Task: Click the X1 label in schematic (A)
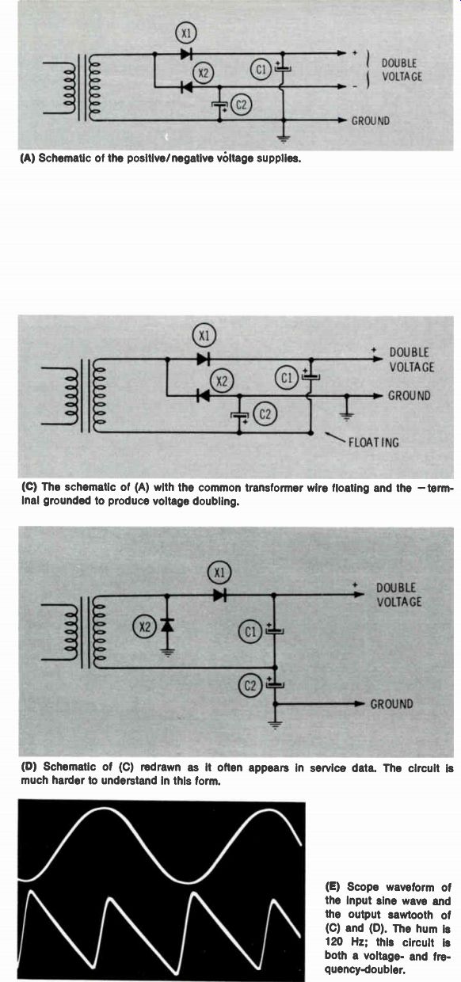click(186, 34)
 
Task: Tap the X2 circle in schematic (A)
click(203, 74)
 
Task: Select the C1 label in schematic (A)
click(261, 70)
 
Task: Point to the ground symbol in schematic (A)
click(284, 138)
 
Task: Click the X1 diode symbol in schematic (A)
click(187, 54)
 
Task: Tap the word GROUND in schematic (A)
click(370, 120)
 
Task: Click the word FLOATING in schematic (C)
click(374, 443)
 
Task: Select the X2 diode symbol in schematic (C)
click(203, 396)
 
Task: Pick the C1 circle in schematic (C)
click(287, 378)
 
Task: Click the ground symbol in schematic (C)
click(347, 415)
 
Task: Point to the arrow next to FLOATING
click(335, 437)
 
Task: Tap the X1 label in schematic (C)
click(204, 336)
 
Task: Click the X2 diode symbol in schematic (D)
click(167, 625)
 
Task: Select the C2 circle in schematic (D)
click(250, 685)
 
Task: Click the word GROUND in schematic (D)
click(392, 704)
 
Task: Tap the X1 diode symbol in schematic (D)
click(219, 595)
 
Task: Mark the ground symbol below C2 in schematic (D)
click(275, 725)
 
